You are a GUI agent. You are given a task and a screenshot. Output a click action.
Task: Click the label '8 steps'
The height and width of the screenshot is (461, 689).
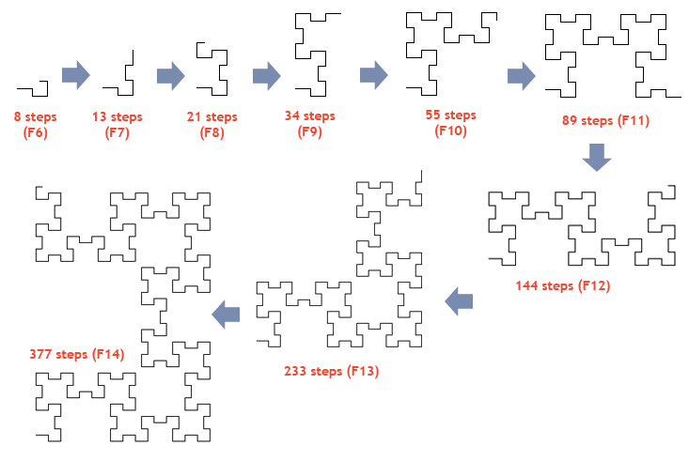point(35,116)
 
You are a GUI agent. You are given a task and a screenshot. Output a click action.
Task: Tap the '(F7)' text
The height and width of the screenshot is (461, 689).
point(117,132)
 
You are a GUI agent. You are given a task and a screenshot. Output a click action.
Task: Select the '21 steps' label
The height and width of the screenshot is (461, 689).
point(211,116)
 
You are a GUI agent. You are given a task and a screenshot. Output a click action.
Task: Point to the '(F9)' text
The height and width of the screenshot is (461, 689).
point(310,131)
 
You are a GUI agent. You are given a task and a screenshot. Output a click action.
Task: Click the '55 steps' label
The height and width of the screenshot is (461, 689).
point(451,115)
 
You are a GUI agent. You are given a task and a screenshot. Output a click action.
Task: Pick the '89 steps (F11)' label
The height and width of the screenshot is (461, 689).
point(605,120)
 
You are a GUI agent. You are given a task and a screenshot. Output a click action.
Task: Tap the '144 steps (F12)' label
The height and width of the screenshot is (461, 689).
point(563,285)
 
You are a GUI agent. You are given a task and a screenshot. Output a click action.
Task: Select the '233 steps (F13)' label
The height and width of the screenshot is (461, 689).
point(331,372)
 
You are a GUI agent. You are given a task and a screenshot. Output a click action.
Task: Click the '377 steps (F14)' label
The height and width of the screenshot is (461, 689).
point(77,354)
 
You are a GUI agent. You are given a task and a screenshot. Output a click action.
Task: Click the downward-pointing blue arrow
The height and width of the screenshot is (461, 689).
point(597,157)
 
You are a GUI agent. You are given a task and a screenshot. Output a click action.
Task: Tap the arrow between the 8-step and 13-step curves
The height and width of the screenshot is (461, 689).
point(76,75)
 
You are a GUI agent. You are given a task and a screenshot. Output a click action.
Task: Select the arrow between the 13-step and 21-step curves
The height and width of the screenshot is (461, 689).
point(171,75)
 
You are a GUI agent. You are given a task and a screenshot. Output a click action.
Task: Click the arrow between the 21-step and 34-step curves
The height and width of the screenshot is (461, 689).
point(267,75)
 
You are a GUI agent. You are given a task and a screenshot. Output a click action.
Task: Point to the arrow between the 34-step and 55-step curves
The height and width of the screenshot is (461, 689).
point(374,75)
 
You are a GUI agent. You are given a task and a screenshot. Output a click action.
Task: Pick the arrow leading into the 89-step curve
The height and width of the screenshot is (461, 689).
point(522,75)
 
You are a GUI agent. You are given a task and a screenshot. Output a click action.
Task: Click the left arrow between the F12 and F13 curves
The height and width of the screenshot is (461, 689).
point(459,301)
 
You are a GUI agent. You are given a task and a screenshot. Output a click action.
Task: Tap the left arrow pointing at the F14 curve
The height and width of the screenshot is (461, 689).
point(226,315)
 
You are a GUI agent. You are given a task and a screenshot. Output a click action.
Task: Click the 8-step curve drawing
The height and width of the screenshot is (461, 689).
point(47,88)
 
